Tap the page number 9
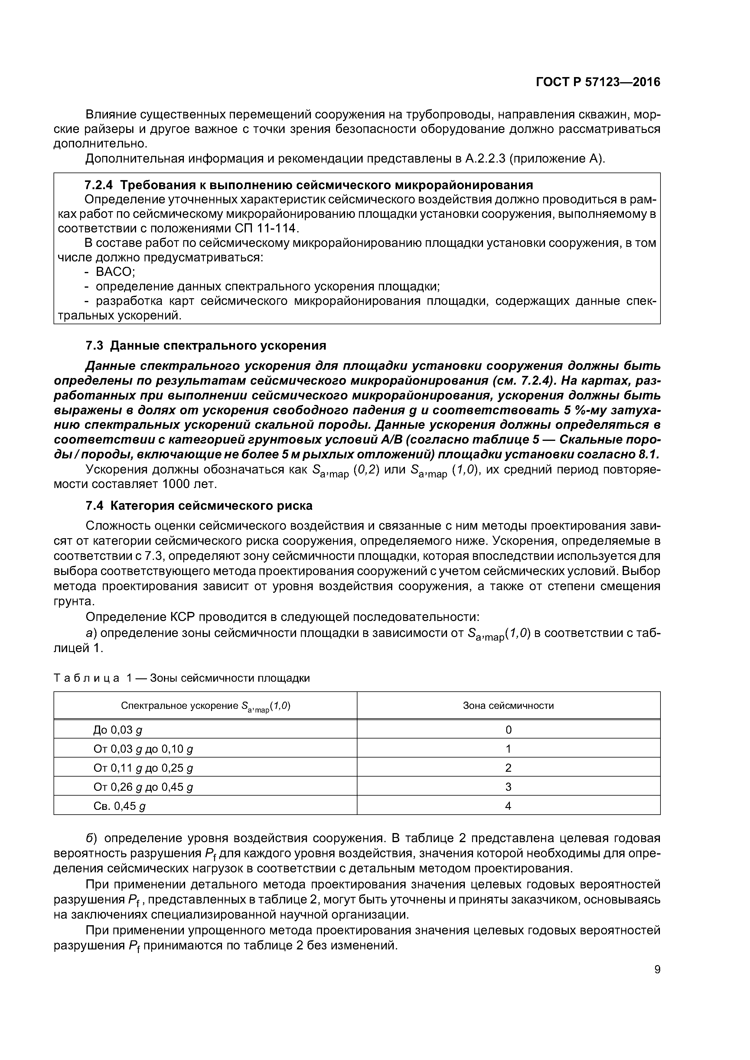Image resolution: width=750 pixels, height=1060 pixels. tap(657, 970)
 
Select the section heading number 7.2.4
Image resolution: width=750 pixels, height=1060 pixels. tap(98, 185)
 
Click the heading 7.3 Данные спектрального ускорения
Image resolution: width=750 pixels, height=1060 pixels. tap(206, 345)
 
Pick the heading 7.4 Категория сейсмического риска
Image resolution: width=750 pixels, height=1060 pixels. tap(199, 506)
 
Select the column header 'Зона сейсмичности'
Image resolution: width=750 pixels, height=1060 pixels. tap(508, 706)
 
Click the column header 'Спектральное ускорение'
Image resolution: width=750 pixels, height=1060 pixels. tap(205, 706)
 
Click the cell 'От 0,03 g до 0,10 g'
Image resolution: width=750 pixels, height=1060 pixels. tap(143, 749)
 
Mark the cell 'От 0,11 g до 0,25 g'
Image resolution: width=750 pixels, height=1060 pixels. tap(143, 768)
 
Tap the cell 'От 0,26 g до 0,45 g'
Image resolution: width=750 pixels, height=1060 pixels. tap(143, 787)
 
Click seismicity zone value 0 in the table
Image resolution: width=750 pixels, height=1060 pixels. tap(508, 730)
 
